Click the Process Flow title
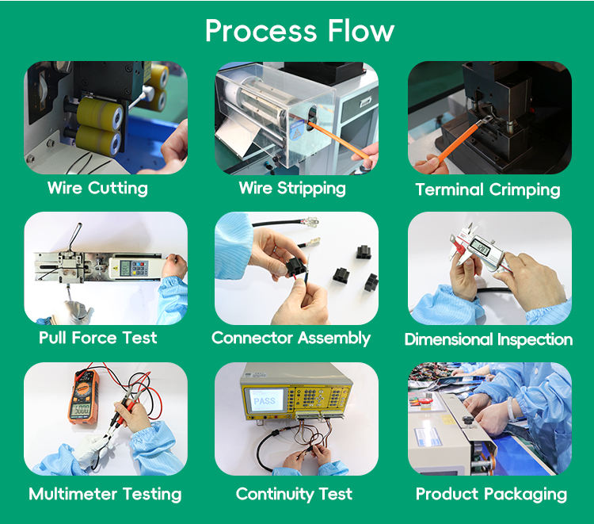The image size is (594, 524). (x=299, y=31)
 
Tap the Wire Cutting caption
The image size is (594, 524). (x=97, y=188)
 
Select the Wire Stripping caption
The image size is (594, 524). (x=292, y=189)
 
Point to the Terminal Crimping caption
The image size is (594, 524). (x=488, y=189)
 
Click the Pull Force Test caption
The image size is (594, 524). (x=97, y=338)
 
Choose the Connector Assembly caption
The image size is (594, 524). (x=291, y=338)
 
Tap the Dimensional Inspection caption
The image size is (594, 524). (x=489, y=339)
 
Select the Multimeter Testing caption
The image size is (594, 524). (x=105, y=494)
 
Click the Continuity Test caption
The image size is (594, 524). (x=294, y=494)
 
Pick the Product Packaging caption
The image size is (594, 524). (x=491, y=494)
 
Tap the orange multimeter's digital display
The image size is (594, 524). (x=81, y=410)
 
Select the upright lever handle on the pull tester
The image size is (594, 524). (x=75, y=236)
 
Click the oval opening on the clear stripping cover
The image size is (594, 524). (x=312, y=118)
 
